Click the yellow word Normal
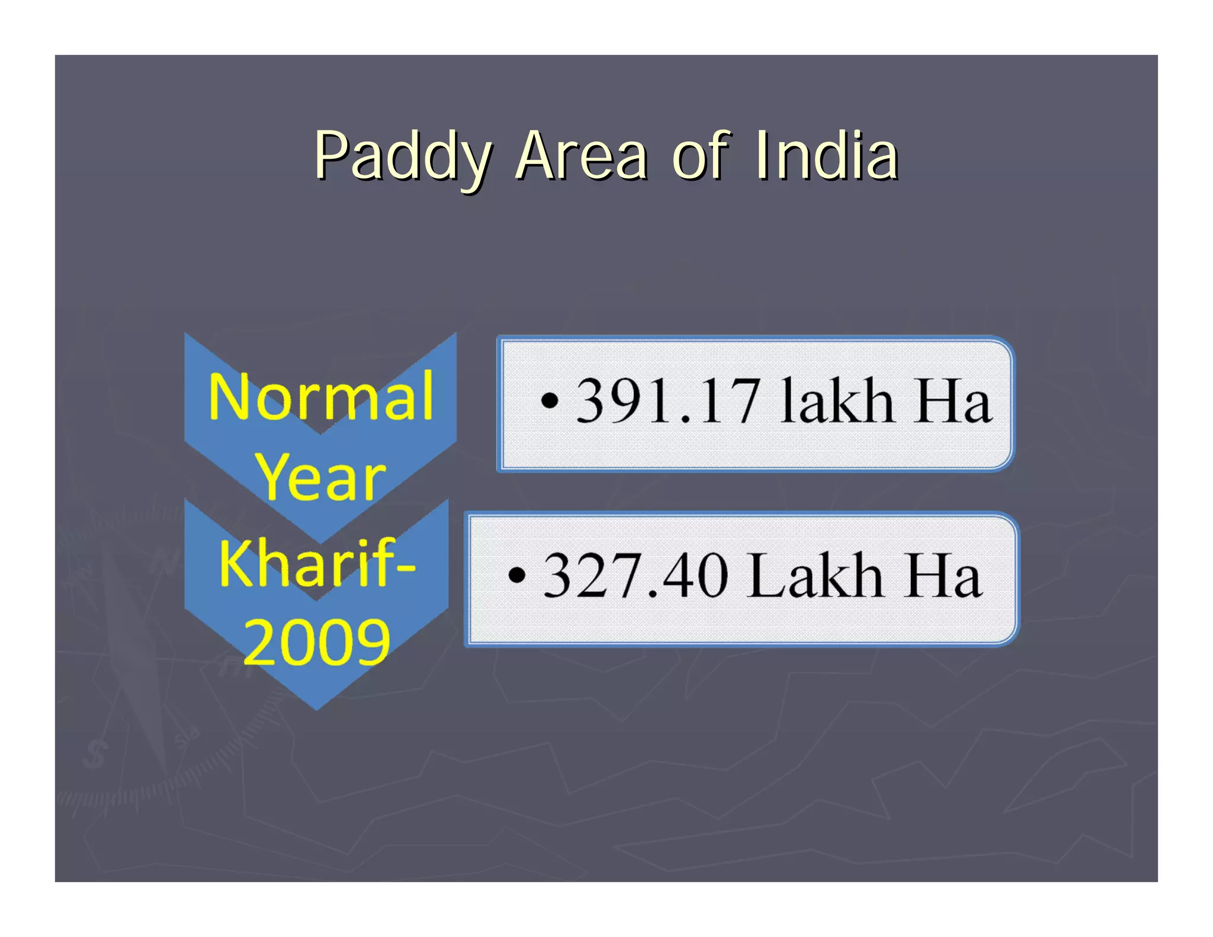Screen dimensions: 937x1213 click(321, 397)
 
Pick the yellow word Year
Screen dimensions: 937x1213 click(320, 477)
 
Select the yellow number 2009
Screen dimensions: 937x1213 click(317, 642)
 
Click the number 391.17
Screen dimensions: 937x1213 click(668, 402)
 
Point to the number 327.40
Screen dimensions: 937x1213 click(635, 575)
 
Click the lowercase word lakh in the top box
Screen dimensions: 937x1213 click(836, 402)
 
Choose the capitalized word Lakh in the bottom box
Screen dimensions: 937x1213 click(816, 575)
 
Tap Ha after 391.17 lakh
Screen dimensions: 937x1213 click(953, 402)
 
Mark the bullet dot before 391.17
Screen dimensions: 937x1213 click(550, 401)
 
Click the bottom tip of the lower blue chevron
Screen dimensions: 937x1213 click(316, 707)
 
